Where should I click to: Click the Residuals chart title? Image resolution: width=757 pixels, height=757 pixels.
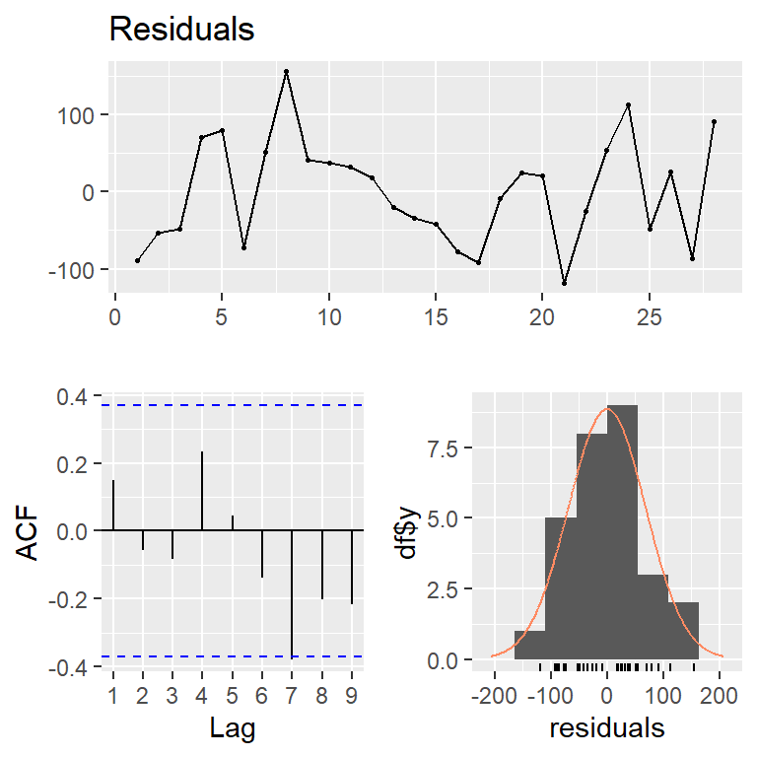(181, 30)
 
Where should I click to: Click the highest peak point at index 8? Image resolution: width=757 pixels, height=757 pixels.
(286, 71)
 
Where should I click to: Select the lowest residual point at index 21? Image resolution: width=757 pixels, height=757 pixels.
(565, 283)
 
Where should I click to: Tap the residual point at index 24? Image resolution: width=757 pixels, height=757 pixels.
(628, 104)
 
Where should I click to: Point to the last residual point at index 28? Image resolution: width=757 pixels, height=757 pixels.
(714, 122)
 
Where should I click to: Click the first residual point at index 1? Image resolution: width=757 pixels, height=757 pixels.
(137, 260)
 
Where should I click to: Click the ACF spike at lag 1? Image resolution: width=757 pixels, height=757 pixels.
(113, 505)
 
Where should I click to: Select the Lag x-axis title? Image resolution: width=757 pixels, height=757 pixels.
(233, 728)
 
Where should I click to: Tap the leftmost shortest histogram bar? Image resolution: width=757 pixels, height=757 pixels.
(529, 645)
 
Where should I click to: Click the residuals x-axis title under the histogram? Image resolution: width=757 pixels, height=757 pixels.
(607, 728)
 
